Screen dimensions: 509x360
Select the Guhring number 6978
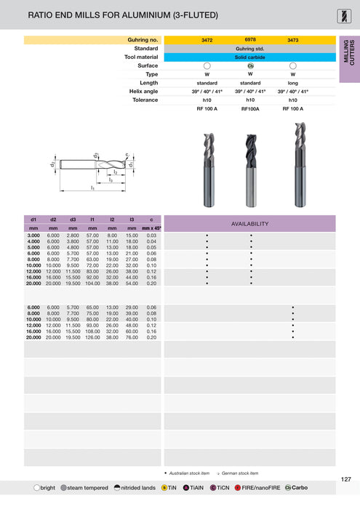tap(250, 39)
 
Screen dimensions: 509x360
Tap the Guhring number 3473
tap(293, 40)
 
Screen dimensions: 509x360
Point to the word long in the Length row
tap(293, 83)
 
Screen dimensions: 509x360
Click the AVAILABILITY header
tap(250, 223)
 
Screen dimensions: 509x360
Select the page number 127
tap(346, 479)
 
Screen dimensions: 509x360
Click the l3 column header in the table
tap(132, 219)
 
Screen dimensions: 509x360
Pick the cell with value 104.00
tap(92, 284)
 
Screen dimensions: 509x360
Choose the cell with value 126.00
tap(92, 337)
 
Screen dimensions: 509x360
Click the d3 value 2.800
tap(73, 236)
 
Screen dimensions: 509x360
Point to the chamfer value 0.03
tap(151, 236)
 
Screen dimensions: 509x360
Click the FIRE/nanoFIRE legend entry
tap(258, 487)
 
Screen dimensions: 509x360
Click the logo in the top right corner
tap(345, 14)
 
